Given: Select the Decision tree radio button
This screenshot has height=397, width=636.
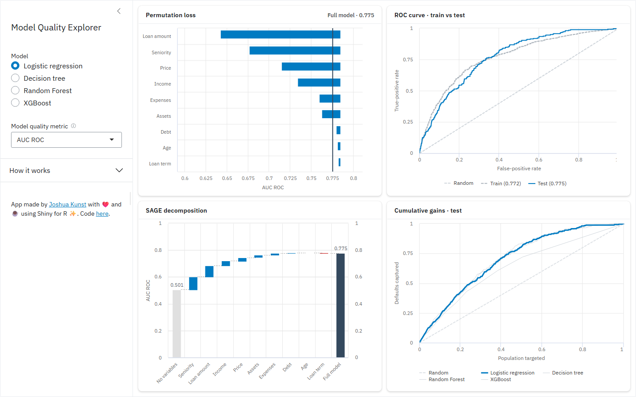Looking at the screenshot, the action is tap(15, 78).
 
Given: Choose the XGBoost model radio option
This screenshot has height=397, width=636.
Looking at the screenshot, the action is tap(15, 103).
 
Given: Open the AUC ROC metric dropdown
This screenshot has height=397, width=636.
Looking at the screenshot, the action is tap(66, 140).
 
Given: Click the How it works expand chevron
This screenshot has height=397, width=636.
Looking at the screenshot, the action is tap(119, 170).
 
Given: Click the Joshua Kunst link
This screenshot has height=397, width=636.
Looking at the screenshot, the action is tap(68, 204).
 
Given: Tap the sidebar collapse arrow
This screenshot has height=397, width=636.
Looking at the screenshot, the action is tap(119, 11).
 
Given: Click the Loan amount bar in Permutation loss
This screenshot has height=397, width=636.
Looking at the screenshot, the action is tap(280, 34).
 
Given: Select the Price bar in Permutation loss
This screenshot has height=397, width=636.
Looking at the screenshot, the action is tap(311, 66).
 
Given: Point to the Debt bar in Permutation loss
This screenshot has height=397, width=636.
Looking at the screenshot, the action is tap(338, 130).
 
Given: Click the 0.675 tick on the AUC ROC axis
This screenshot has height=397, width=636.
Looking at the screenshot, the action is tap(248, 178).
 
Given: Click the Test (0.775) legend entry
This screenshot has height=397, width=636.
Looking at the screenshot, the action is tap(547, 184).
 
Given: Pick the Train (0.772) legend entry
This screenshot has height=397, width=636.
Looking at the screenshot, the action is tap(501, 184).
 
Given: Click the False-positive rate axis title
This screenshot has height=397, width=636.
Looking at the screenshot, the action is tap(519, 169).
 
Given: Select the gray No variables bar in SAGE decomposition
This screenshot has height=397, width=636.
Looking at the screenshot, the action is tap(177, 324).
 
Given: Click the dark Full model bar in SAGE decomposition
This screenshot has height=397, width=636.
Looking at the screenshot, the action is tap(341, 305).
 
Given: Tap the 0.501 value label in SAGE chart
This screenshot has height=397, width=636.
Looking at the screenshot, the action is tap(177, 285).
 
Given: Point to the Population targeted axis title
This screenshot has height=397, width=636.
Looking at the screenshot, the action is tap(521, 358).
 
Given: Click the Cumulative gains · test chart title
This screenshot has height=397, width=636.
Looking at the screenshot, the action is tap(428, 210).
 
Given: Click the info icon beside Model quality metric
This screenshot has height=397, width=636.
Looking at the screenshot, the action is tap(73, 126).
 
